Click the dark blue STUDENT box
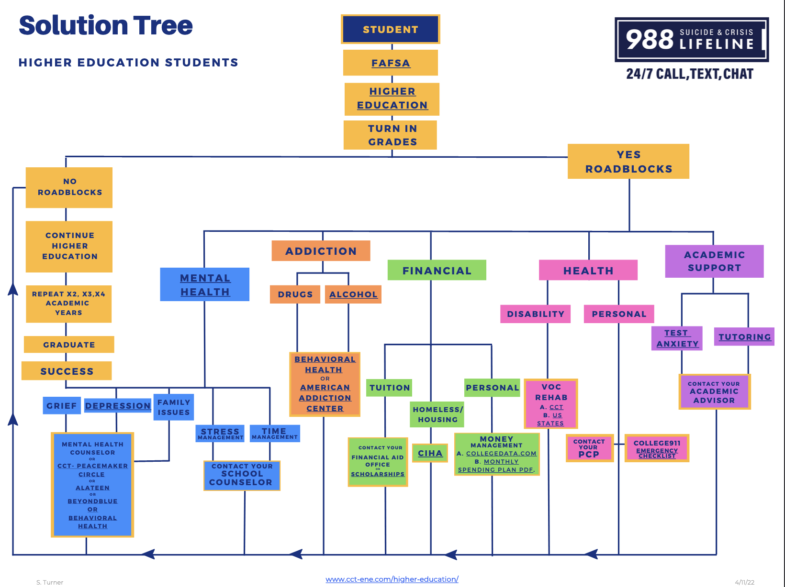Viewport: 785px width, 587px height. coord(390,29)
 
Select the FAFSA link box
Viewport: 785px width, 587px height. coord(391,63)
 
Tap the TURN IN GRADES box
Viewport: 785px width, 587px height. coord(391,135)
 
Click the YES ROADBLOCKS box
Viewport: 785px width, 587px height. coord(628,162)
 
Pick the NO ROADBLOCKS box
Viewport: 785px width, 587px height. coord(69,187)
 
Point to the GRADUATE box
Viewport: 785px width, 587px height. coord(69,345)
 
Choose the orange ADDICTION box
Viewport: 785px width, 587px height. coord(321,251)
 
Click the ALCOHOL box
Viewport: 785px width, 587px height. coord(353,294)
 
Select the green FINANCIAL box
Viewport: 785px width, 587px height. coord(437,271)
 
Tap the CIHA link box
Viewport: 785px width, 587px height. coord(430,453)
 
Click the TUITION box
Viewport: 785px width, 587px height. coord(390,388)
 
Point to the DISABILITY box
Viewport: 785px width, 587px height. coord(535,314)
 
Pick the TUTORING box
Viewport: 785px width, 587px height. coord(744,337)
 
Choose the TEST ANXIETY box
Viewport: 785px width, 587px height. coord(677,338)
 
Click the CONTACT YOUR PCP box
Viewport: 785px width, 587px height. coord(589,448)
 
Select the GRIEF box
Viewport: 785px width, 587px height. coord(61,406)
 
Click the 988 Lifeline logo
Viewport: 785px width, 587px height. coord(691,40)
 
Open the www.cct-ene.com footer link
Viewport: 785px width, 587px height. coord(392,579)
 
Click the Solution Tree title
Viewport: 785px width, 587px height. coord(106,25)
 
